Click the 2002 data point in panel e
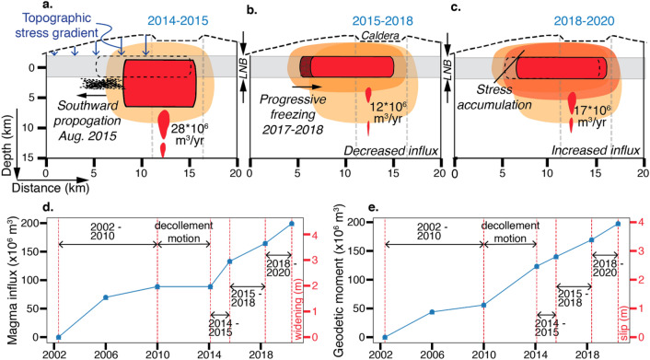(x=385, y=337)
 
